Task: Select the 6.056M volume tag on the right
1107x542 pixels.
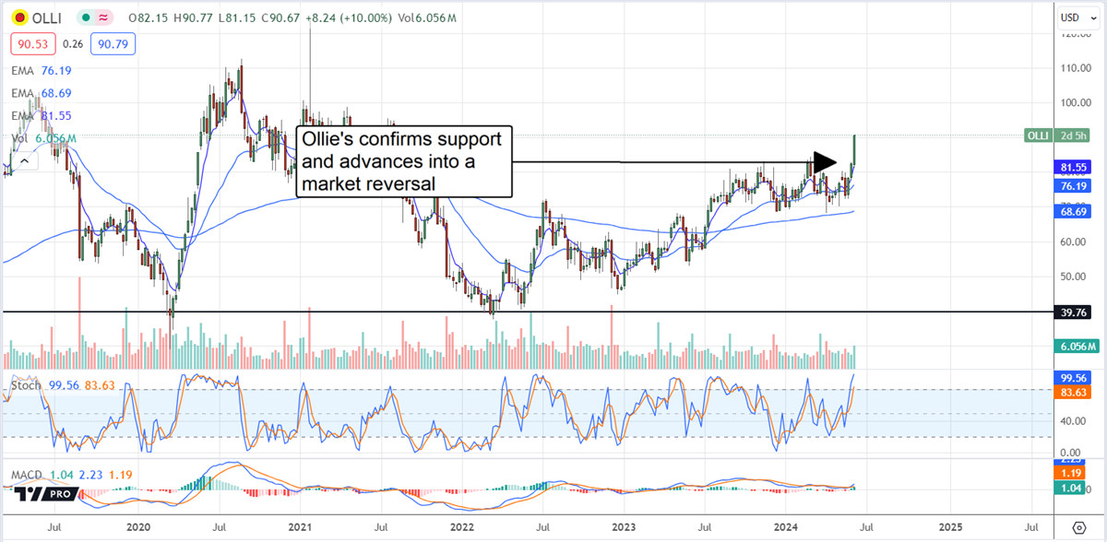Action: (x=1073, y=347)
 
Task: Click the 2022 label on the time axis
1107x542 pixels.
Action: (x=462, y=526)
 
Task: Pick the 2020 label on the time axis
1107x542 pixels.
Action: (x=138, y=526)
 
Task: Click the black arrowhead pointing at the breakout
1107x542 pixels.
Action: (x=825, y=162)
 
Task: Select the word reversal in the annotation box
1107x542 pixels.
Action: (x=401, y=185)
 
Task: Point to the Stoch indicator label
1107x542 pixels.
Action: (x=25, y=384)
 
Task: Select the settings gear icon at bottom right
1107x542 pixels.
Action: (x=1079, y=526)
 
